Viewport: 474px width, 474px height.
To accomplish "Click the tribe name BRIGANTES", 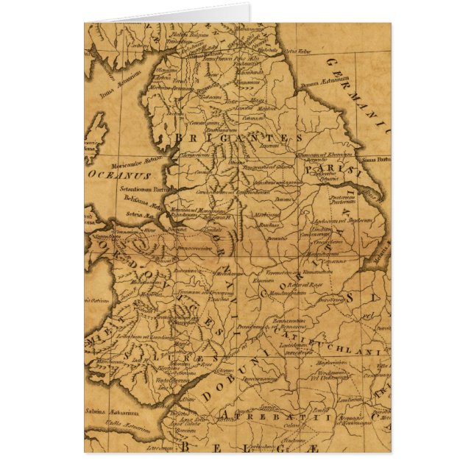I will pos(239,138).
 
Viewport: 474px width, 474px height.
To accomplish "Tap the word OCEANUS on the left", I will pos(118,177).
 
